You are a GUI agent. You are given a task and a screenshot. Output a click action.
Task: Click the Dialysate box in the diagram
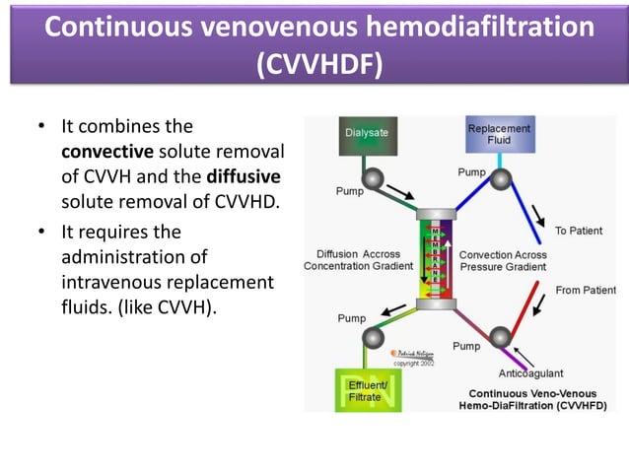pyautogui.click(x=367, y=136)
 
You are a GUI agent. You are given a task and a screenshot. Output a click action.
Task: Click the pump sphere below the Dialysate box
pyautogui.click(x=372, y=179)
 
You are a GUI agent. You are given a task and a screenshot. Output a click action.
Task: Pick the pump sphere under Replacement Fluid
pyautogui.click(x=501, y=179)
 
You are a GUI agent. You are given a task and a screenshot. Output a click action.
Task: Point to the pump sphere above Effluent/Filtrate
pyautogui.click(x=373, y=338)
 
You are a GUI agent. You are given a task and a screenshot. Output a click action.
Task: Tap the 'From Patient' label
pyautogui.click(x=586, y=291)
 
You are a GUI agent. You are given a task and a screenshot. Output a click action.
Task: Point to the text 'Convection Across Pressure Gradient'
pyautogui.click(x=503, y=260)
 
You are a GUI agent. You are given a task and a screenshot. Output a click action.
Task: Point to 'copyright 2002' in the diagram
pyautogui.click(x=414, y=363)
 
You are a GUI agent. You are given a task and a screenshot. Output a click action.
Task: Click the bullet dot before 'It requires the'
pyautogui.click(x=40, y=234)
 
